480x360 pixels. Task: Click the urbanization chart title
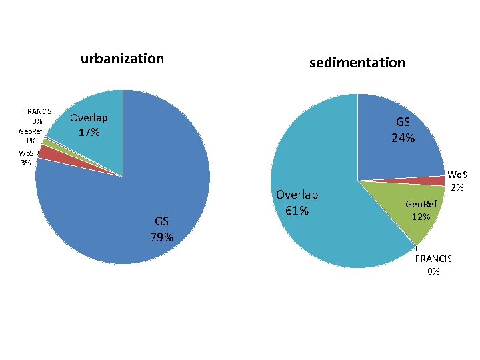(x=122, y=59)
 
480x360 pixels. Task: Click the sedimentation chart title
(x=357, y=63)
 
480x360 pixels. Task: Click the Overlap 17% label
(x=89, y=125)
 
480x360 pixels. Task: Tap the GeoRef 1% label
(x=31, y=136)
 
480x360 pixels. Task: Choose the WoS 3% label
(x=27, y=158)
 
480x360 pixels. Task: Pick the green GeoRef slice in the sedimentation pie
(x=407, y=213)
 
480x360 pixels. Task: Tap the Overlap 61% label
(x=297, y=203)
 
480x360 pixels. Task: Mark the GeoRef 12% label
(x=422, y=211)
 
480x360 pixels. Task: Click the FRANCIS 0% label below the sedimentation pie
(x=433, y=264)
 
